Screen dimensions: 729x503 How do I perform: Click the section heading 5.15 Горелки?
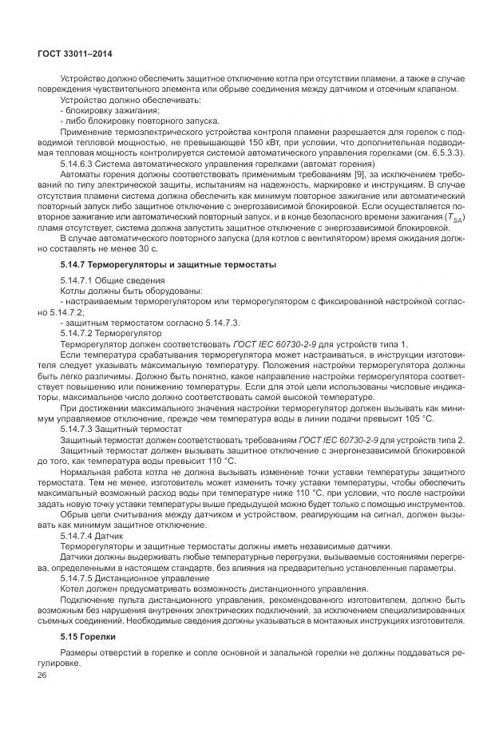88,636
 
